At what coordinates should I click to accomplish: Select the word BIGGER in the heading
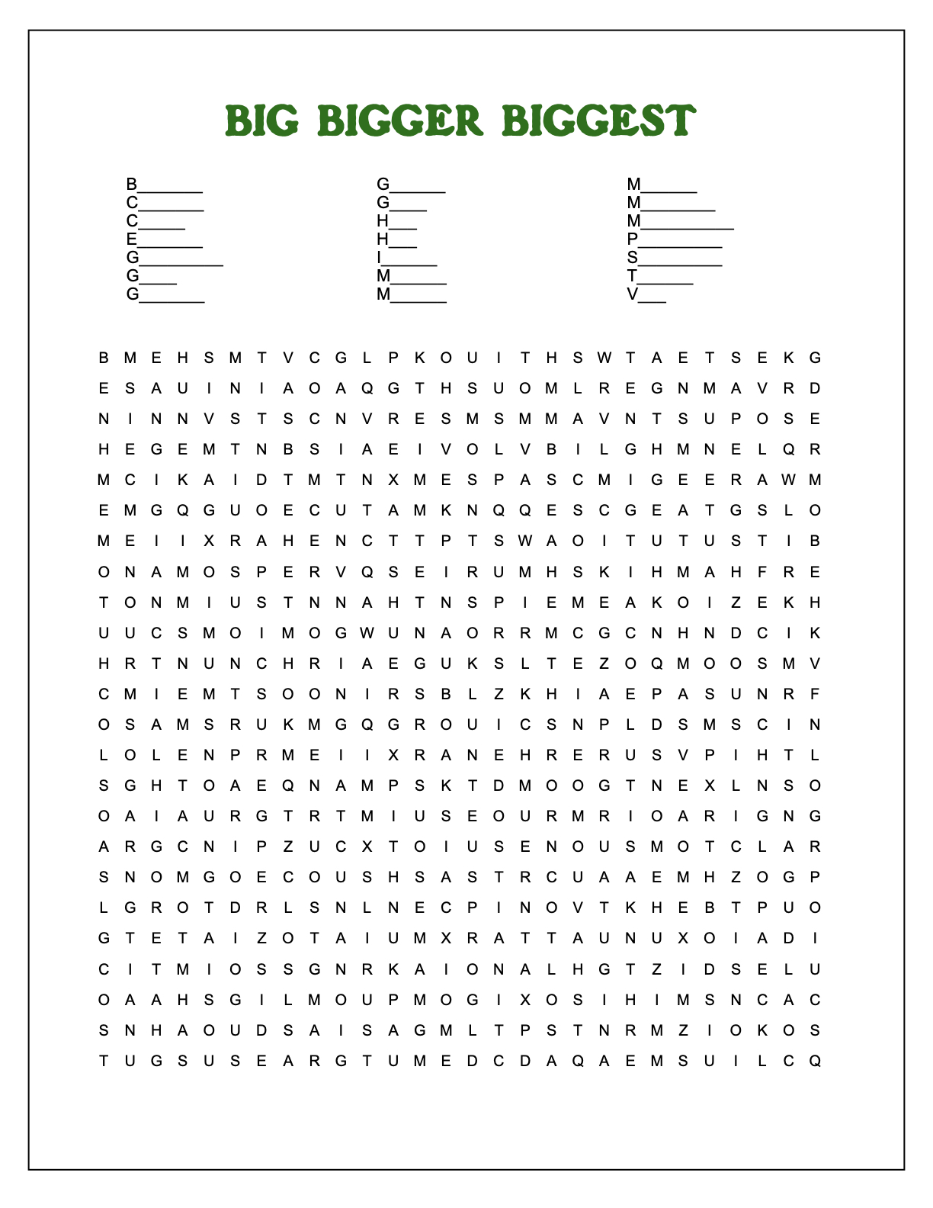tap(400, 121)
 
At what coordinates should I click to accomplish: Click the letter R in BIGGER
tap(468, 121)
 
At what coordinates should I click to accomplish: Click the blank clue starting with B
tap(165, 185)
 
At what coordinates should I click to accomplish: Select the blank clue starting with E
tap(165, 239)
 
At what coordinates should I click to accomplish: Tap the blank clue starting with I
tap(407, 258)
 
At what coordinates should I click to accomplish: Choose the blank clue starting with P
tap(675, 239)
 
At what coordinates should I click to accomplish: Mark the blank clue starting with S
tap(675, 258)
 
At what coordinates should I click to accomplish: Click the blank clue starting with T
tap(660, 276)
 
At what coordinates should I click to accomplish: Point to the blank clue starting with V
tap(646, 294)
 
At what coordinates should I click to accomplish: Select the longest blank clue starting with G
tap(175, 258)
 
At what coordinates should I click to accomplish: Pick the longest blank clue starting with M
tap(680, 221)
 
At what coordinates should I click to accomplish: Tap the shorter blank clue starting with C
tap(155, 221)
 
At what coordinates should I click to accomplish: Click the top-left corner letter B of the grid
tap(104, 358)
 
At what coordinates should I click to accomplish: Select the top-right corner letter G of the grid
tap(815, 358)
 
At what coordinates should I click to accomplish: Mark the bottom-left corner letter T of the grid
tap(104, 1061)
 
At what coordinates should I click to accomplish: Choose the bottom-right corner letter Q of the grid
tap(815, 1061)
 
